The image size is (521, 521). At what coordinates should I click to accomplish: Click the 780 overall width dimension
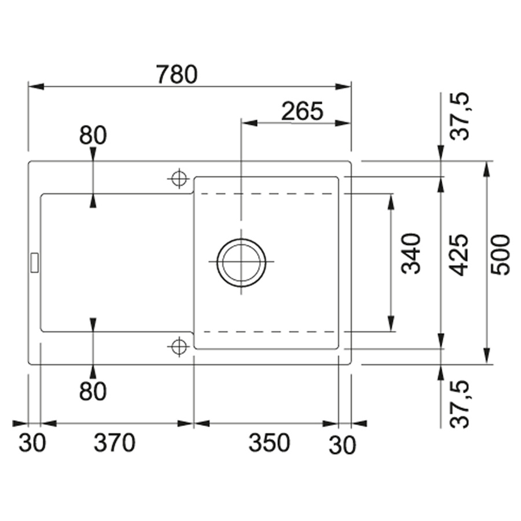(x=178, y=74)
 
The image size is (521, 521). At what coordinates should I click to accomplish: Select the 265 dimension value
(x=301, y=111)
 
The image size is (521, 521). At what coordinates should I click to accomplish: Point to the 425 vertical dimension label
(x=458, y=255)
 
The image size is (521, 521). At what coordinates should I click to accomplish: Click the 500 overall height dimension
(x=500, y=255)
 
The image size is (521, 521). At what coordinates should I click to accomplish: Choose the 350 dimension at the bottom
(x=269, y=443)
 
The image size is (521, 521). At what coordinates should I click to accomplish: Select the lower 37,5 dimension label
(x=461, y=403)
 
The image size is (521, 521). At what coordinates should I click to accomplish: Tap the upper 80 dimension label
(x=93, y=135)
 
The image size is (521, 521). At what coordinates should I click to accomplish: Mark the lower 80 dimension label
(x=93, y=392)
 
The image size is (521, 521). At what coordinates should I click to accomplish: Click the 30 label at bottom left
(x=32, y=445)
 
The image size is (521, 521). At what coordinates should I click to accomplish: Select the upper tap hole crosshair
(x=178, y=178)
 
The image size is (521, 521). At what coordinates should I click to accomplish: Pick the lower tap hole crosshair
(x=178, y=346)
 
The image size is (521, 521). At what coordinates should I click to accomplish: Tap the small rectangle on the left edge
(x=34, y=262)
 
